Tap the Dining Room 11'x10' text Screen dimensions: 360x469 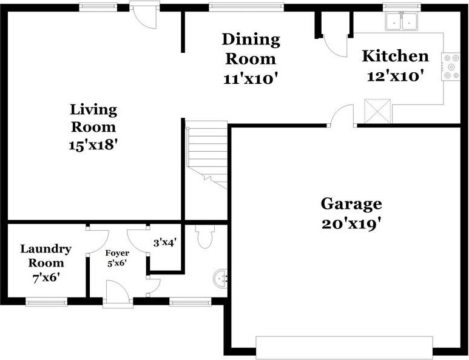(x=251, y=59)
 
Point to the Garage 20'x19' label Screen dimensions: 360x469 (x=351, y=213)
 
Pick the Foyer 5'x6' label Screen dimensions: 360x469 (x=117, y=257)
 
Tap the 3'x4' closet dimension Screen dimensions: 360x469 (x=164, y=243)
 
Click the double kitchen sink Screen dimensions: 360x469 (x=402, y=22)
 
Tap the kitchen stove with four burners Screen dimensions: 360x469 (x=452, y=67)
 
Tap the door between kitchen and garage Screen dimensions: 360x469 (x=343, y=116)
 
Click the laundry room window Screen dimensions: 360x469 (x=46, y=302)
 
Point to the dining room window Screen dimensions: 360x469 (x=246, y=7)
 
